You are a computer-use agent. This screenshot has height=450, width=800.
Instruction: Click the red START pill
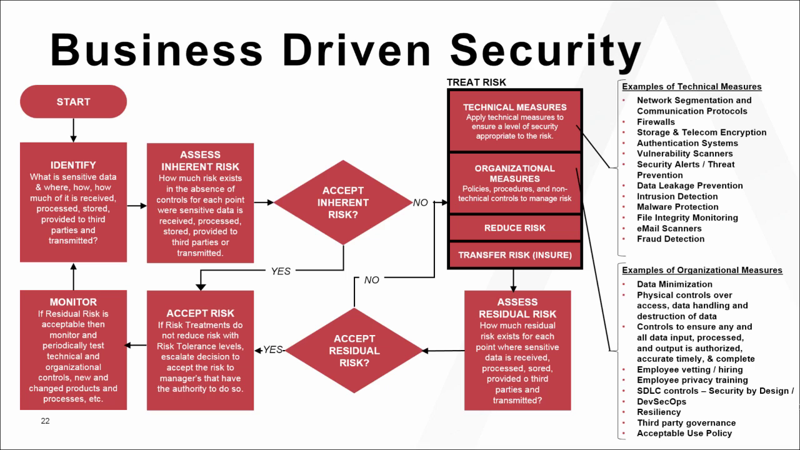point(73,102)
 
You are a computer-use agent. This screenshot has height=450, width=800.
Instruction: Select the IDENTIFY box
point(73,202)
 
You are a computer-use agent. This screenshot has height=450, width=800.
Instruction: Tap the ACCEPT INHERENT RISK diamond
point(342,202)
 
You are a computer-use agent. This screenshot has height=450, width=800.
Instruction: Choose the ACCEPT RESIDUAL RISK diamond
point(354,351)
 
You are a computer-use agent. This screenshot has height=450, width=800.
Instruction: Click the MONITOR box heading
point(73,302)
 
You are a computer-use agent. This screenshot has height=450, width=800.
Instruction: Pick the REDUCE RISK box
point(514,228)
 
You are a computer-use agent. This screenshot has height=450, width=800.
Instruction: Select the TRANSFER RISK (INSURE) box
point(514,255)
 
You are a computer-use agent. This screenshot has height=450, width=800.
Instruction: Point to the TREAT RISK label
point(476,82)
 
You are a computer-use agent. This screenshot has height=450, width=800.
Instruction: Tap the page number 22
point(45,421)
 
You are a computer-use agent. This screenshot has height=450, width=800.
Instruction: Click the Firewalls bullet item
point(656,122)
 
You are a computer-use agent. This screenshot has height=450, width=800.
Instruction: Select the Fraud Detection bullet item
point(671,239)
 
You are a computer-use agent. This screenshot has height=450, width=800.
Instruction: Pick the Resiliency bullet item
point(659,412)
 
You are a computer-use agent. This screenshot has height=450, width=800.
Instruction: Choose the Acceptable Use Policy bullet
point(684,433)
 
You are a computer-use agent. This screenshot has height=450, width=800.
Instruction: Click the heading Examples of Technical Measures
point(691,87)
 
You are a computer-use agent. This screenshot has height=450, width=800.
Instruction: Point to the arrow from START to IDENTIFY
point(73,130)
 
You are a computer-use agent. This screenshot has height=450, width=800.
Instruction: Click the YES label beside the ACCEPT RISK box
point(273,350)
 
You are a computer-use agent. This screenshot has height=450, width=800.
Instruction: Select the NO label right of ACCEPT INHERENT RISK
point(420,202)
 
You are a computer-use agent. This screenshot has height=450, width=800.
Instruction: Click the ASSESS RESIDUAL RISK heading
point(517,308)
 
